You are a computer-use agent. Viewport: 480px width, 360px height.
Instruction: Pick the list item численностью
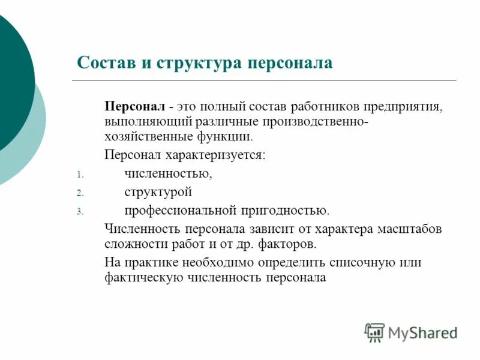coord(169,174)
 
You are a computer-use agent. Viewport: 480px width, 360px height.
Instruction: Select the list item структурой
coord(158,193)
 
